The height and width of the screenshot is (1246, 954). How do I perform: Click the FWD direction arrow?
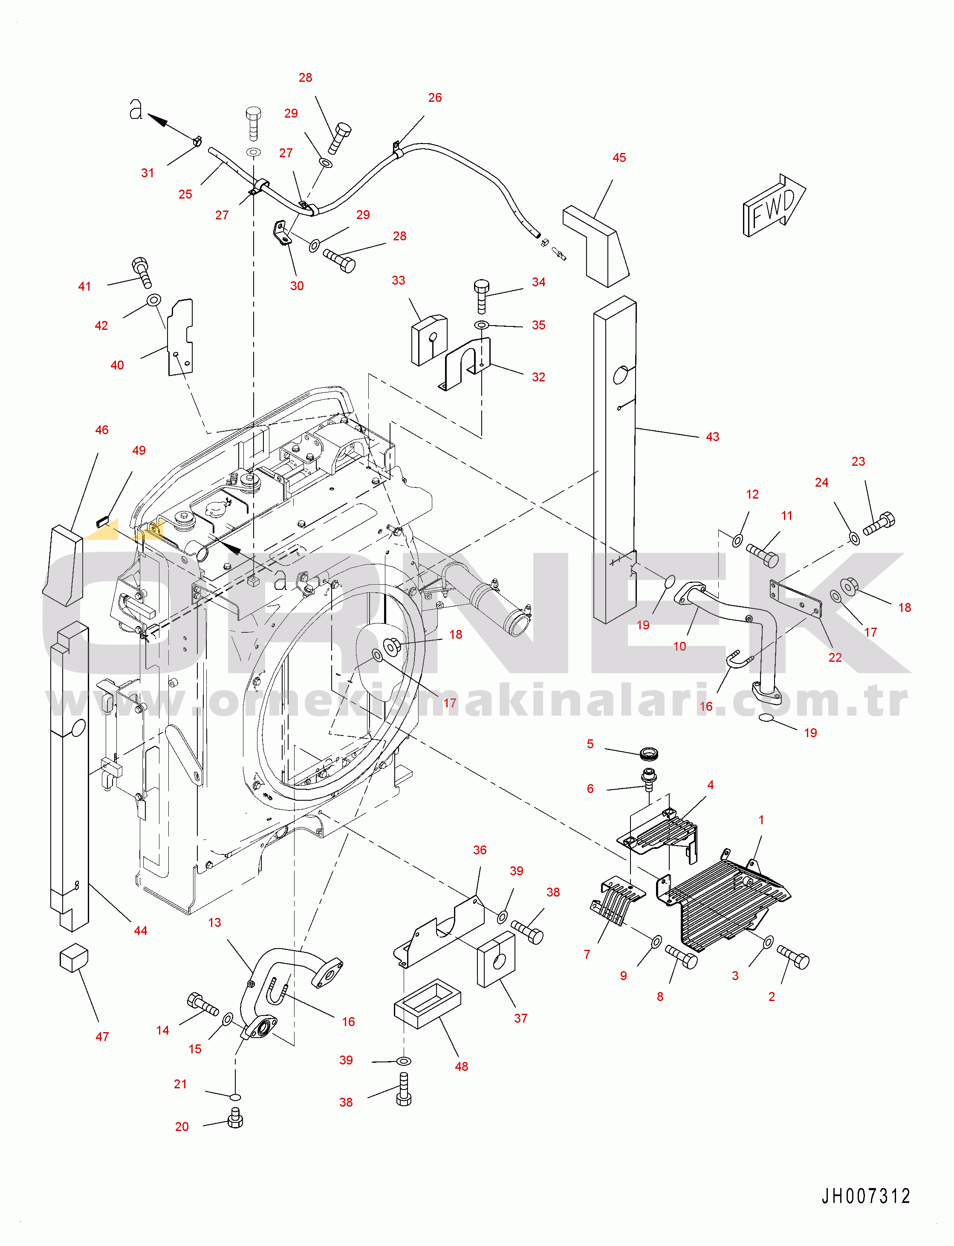tap(773, 205)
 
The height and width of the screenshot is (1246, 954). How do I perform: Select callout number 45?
tap(619, 158)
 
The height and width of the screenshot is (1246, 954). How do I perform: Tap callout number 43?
tap(712, 436)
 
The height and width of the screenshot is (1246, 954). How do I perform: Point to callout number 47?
tap(102, 1036)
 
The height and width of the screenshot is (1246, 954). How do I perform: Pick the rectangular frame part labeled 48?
tap(427, 1003)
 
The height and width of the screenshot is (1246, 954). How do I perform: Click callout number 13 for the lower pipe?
tap(215, 923)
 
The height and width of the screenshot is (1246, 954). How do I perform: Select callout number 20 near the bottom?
tap(182, 1126)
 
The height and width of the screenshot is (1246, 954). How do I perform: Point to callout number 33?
tap(399, 280)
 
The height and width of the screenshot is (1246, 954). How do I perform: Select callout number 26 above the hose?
tap(435, 98)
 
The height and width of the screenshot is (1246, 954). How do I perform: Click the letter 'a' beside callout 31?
tap(136, 109)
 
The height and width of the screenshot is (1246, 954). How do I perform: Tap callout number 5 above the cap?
tap(590, 744)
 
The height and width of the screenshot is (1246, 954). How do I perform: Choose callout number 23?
tap(858, 461)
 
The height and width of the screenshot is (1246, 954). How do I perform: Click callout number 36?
tap(480, 850)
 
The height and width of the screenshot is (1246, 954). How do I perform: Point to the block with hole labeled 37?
tap(496, 959)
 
